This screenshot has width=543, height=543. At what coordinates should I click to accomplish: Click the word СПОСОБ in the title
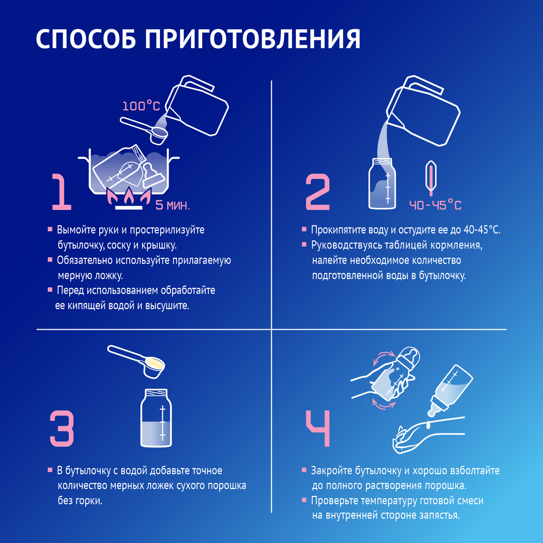86,39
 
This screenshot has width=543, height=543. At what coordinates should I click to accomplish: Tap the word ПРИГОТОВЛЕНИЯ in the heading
253,39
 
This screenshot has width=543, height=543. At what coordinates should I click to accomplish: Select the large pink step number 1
62,192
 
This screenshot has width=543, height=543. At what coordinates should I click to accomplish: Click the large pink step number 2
318,192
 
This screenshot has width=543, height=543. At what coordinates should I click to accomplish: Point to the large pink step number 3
62,428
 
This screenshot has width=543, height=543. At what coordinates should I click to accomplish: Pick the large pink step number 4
318,428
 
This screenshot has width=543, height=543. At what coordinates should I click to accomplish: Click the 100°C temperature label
141,106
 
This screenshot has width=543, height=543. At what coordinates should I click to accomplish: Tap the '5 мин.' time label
173,205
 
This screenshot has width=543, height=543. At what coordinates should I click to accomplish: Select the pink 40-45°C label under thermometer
435,205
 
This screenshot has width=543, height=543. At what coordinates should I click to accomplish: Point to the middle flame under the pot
129,196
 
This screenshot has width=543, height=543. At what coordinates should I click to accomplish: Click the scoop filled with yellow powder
137,362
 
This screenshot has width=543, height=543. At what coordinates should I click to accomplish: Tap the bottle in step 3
156,418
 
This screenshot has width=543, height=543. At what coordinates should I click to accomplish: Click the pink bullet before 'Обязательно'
50,260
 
